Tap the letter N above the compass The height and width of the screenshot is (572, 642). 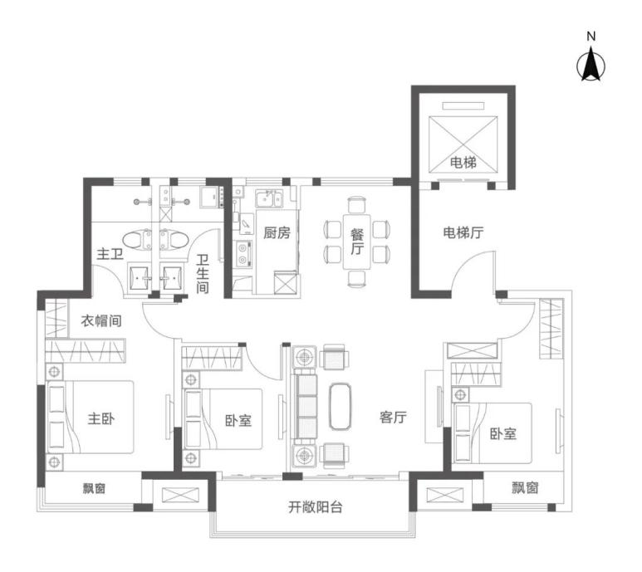591,37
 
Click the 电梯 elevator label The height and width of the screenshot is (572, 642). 463,163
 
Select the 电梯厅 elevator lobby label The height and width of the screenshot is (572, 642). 463,232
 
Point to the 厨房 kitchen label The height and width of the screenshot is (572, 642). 277,232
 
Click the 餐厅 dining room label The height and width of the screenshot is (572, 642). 357,242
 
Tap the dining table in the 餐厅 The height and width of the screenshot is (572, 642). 357,242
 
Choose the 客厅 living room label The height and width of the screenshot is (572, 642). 393,417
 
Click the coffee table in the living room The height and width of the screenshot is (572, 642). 341,406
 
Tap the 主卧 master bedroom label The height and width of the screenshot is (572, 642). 100,418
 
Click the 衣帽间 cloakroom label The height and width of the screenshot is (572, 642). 101,320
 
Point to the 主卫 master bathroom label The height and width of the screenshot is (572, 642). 110,254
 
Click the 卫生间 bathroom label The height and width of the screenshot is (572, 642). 203,274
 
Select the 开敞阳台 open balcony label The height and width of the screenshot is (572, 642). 316,507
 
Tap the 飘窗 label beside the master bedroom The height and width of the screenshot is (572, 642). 94,487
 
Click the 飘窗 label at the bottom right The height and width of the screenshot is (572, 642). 525,487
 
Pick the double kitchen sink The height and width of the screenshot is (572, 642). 269,199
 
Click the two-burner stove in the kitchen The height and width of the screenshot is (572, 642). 243,254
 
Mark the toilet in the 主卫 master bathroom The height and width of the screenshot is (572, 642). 137,240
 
